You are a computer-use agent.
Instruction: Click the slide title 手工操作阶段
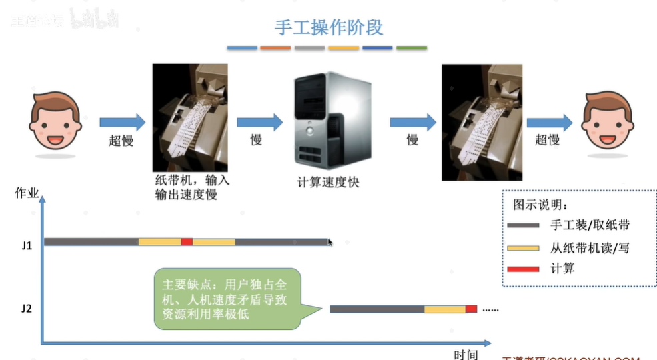click(329, 27)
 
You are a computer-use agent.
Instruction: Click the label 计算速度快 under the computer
click(328, 181)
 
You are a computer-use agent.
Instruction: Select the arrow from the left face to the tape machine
click(122, 122)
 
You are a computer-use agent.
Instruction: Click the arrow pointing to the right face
click(549, 122)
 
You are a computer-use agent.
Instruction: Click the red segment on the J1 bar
click(187, 241)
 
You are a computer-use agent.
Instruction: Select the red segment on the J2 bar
click(471, 309)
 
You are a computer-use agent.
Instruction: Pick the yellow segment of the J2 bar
click(445, 309)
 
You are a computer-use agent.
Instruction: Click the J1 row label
click(27, 245)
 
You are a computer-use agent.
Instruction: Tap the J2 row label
click(27, 309)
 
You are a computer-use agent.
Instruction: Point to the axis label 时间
click(466, 354)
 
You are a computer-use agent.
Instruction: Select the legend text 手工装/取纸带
click(590, 225)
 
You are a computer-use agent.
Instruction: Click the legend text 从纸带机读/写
click(590, 247)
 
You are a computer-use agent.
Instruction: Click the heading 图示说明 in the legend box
click(540, 204)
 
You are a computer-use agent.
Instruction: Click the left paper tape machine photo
click(190, 117)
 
